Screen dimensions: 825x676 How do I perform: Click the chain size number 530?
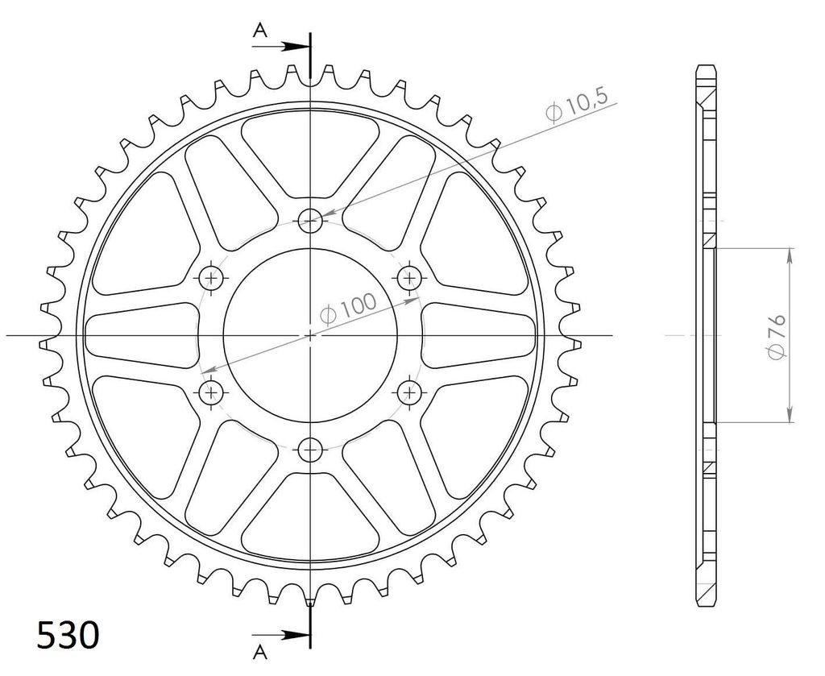click(x=68, y=635)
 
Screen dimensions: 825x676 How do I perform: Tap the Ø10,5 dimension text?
click(x=577, y=105)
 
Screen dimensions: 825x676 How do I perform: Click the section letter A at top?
click(x=260, y=31)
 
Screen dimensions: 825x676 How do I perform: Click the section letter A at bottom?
click(x=260, y=653)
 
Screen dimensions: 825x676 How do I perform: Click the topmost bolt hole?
click(x=310, y=221)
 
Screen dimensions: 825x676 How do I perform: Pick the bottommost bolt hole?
click(x=310, y=450)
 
